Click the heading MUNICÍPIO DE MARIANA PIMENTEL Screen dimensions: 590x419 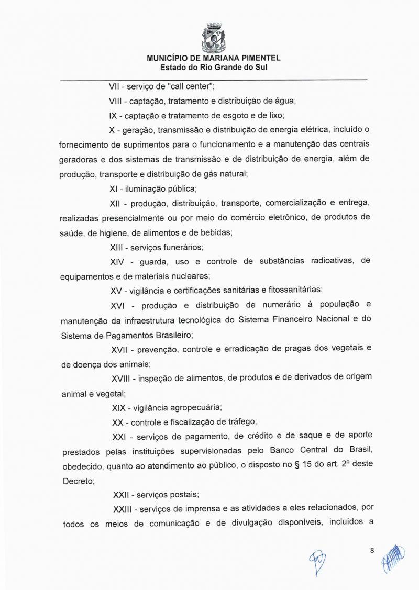pyautogui.click(x=214, y=59)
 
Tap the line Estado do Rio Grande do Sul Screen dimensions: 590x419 pyautogui.click(x=214, y=68)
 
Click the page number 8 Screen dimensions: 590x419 pyautogui.click(x=371, y=550)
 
